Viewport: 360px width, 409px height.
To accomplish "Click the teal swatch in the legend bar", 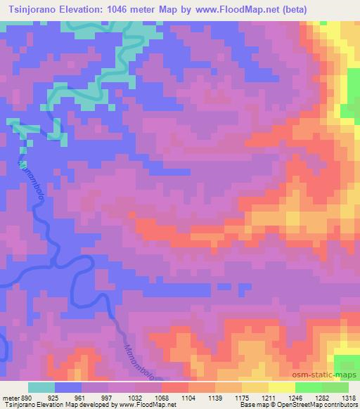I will pyautogui.click(x=41, y=387).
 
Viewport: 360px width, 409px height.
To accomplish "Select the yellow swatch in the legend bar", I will pyautogui.click(x=281, y=387).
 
